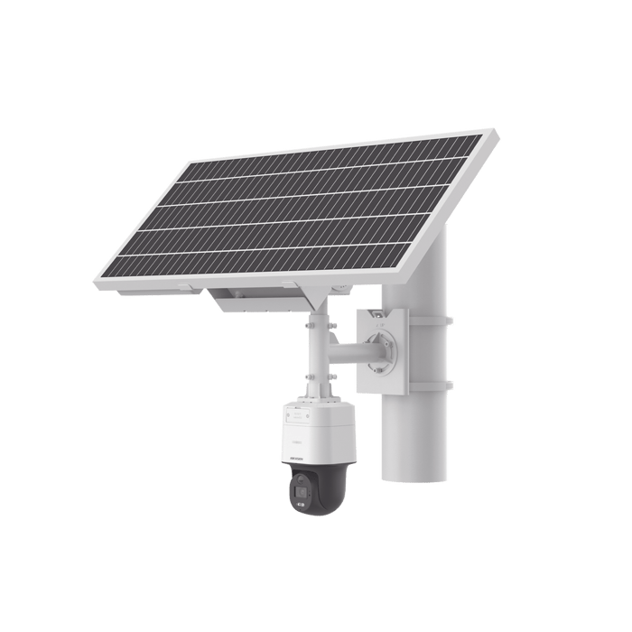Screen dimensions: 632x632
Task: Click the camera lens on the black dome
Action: click(x=299, y=497)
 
